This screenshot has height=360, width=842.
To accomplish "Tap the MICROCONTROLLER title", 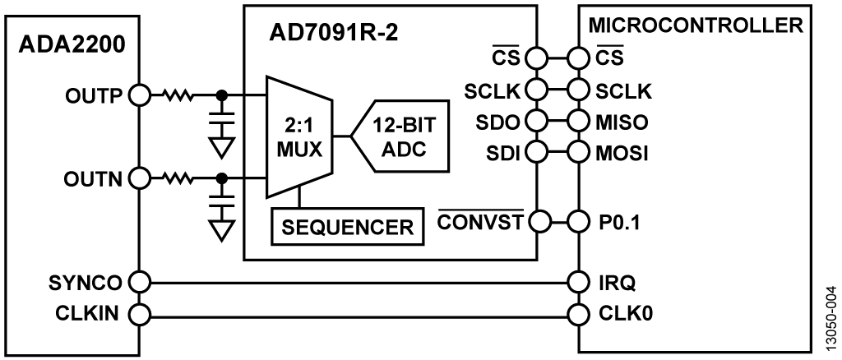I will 696,25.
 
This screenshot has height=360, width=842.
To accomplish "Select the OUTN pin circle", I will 138,177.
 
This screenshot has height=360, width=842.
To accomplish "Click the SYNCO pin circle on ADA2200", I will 138,283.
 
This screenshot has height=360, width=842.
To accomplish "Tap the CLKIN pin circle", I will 138,314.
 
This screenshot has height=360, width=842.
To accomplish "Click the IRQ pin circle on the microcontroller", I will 580,283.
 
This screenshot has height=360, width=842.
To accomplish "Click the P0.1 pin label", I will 616,221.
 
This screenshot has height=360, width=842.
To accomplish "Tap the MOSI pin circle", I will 580,153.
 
